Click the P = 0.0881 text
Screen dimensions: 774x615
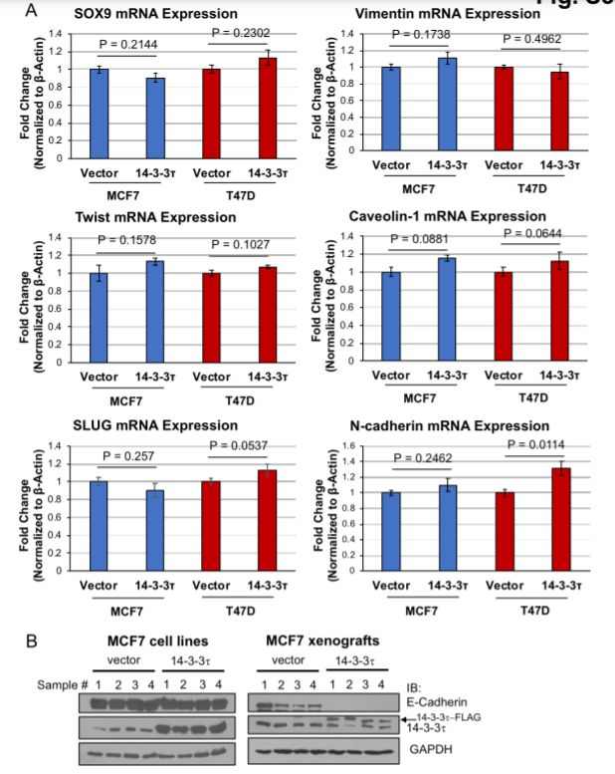point(422,239)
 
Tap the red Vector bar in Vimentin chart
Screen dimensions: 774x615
point(505,109)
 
